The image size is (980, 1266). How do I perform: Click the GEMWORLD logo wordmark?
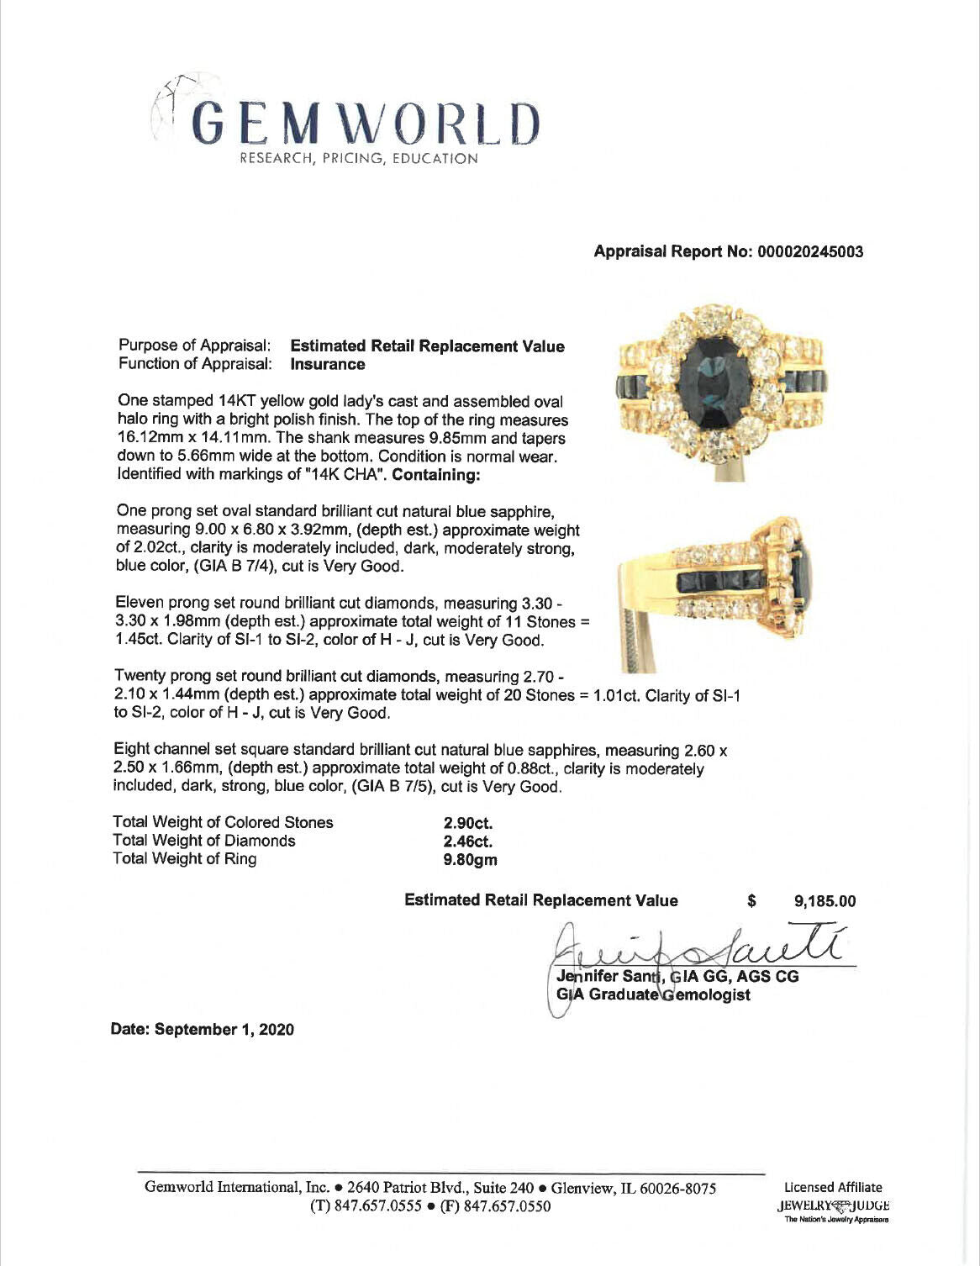[366, 123]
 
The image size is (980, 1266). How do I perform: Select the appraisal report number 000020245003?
[810, 251]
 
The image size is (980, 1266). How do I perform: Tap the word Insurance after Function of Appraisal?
[328, 365]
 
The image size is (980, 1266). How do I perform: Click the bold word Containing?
[435, 475]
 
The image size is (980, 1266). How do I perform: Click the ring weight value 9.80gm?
[471, 860]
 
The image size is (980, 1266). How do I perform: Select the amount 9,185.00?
[825, 902]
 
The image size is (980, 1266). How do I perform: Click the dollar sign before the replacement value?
[751, 902]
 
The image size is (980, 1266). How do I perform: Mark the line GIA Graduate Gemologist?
[653, 995]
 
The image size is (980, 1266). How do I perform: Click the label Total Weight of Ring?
[185, 859]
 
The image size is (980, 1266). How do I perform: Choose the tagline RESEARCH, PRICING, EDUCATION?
[359, 159]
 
